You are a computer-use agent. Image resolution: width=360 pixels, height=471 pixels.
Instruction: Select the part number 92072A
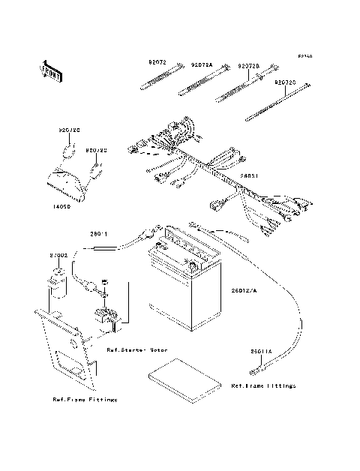point(201,66)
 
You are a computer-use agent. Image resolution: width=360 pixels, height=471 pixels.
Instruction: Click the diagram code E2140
point(304,56)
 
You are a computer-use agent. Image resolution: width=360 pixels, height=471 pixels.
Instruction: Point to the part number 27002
point(59,255)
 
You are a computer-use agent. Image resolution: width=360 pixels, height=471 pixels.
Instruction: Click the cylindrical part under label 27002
point(55,286)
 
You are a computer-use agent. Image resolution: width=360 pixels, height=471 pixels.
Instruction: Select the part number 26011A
point(260,350)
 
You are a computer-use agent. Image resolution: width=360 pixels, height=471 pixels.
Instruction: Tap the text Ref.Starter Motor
point(136,350)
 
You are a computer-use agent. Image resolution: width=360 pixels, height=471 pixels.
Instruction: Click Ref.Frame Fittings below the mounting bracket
point(85,400)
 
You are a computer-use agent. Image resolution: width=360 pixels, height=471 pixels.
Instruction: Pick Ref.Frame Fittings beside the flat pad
point(263,385)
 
